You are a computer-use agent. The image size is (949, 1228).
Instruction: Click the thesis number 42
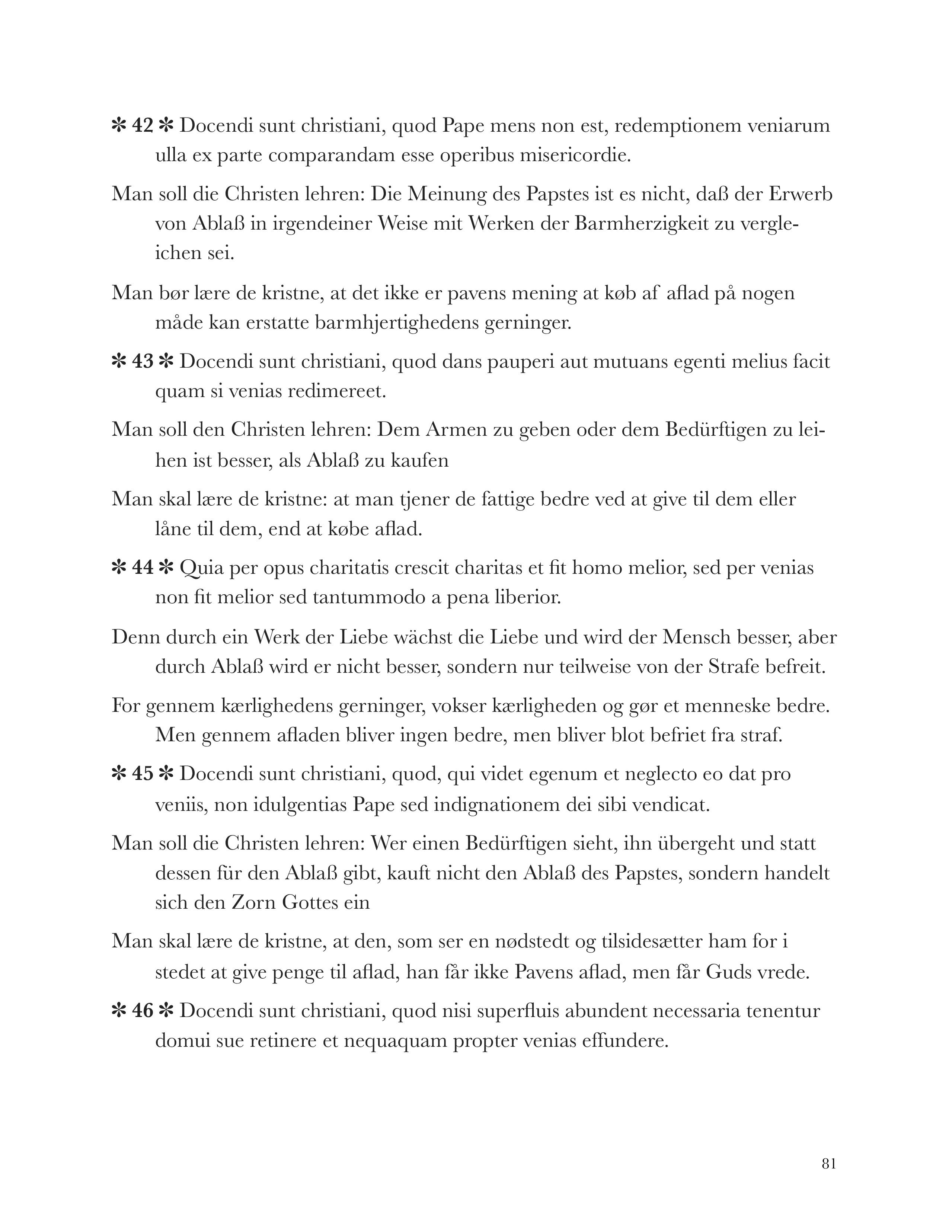(x=142, y=126)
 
